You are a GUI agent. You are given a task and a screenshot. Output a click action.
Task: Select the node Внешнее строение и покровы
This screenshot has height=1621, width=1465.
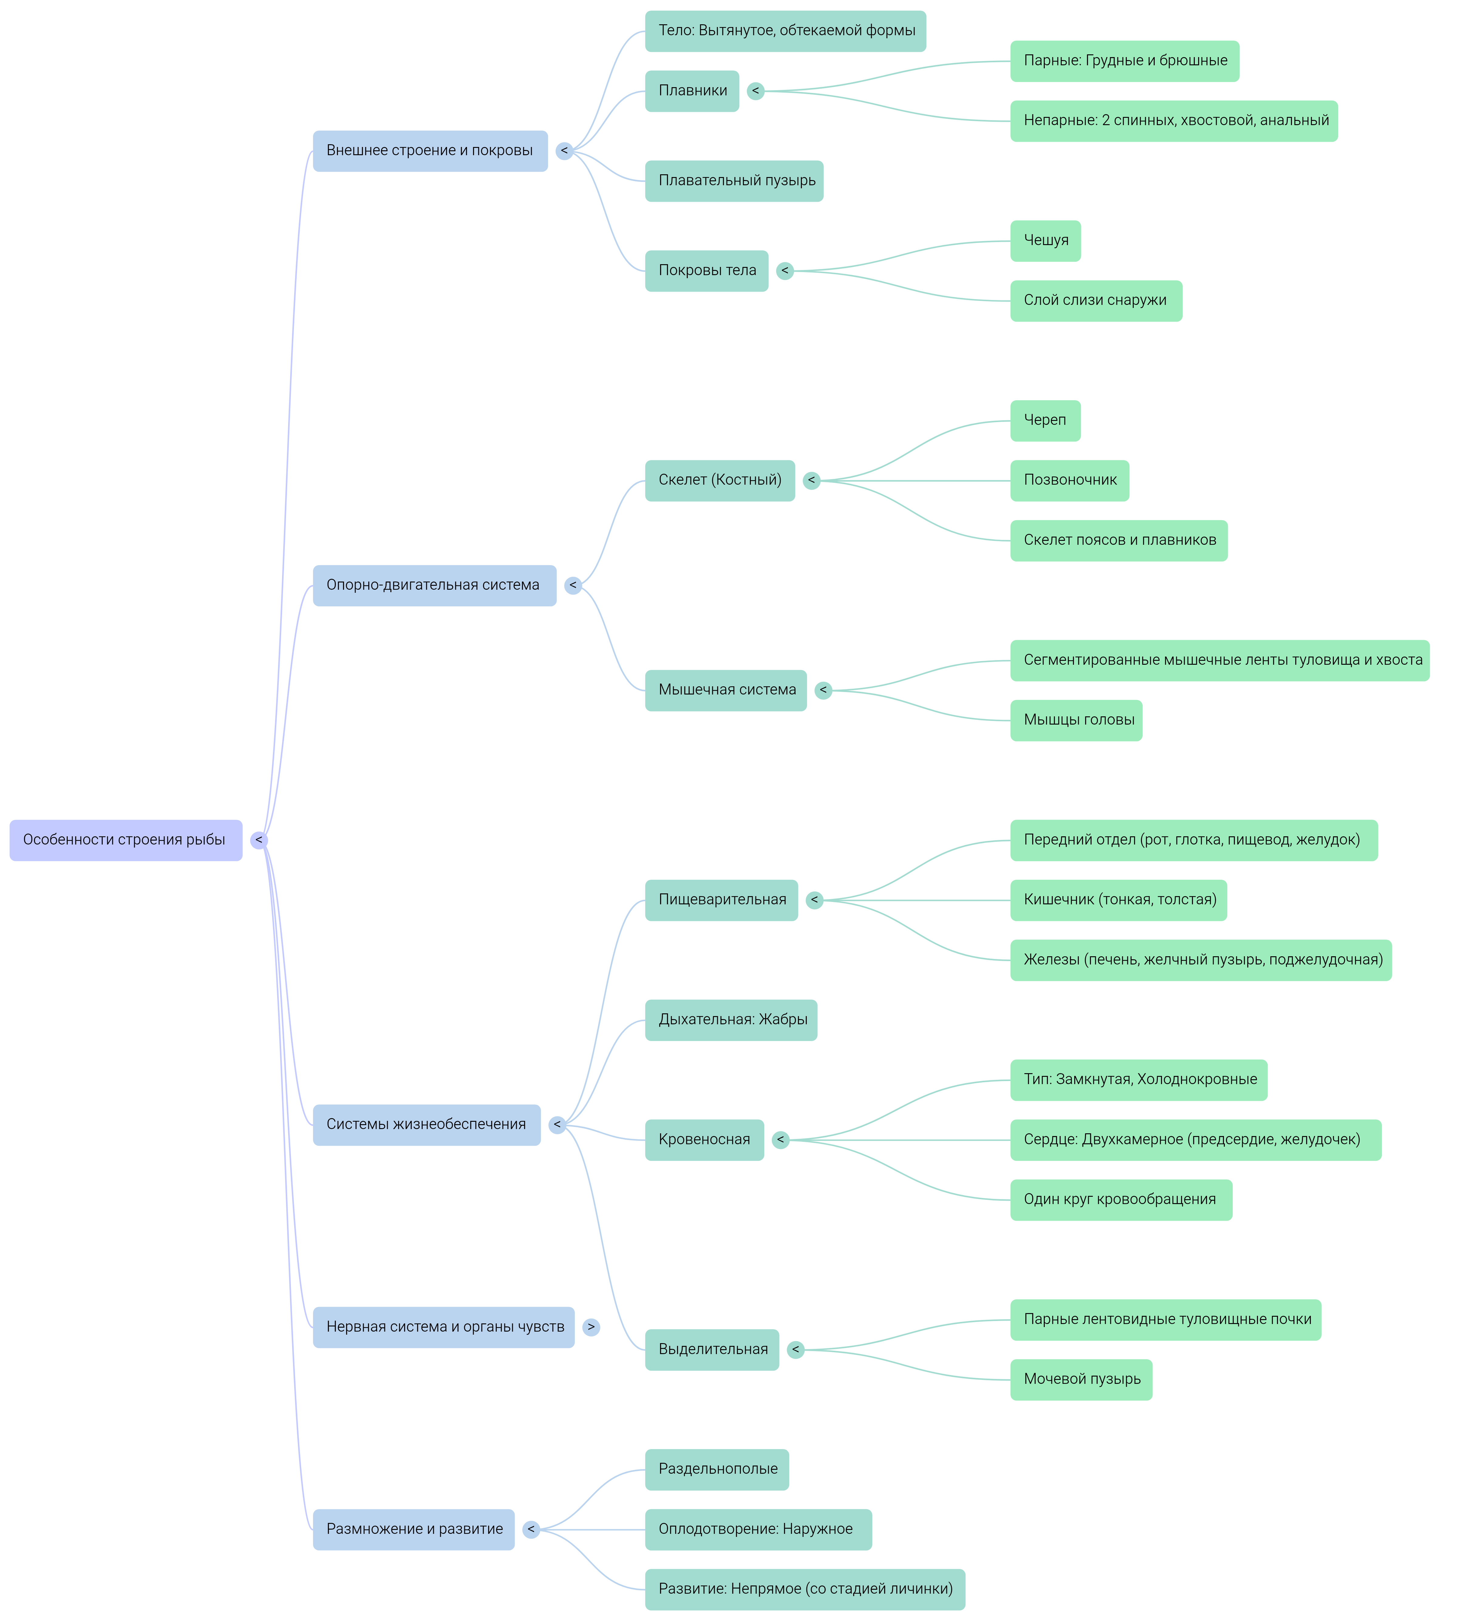click(x=430, y=151)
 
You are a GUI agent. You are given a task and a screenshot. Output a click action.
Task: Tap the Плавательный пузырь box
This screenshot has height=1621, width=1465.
click(x=734, y=181)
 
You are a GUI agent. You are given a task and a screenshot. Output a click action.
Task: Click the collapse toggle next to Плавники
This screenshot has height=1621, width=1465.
click(x=755, y=91)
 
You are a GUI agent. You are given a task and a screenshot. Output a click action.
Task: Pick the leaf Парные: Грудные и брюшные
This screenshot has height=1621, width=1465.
click(x=1124, y=61)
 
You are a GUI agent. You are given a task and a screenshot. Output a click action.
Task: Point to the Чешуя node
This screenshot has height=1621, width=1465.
click(x=1045, y=241)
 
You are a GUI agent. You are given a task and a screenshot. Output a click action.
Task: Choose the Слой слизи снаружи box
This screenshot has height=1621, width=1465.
click(x=1095, y=301)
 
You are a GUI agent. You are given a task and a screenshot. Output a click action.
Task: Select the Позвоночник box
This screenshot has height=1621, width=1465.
click(x=1069, y=481)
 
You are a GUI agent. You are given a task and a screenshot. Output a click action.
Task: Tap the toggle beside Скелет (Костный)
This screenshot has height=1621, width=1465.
click(x=811, y=481)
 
